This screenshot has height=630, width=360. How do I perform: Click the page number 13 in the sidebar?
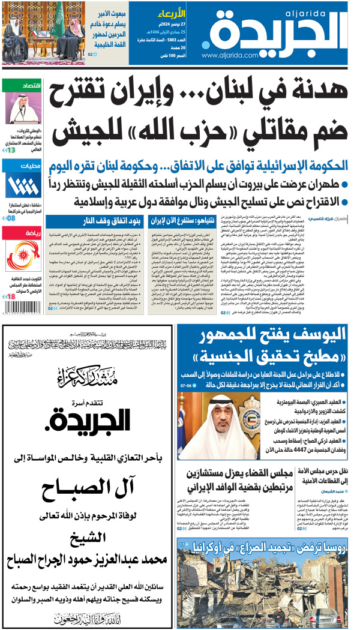click(11, 149)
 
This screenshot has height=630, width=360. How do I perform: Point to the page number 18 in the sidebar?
click(11, 296)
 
